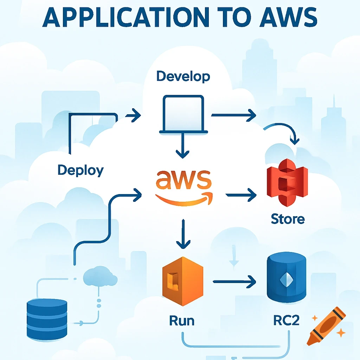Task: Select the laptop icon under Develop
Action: coord(182,115)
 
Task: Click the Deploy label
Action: coord(81,171)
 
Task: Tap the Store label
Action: coord(288,219)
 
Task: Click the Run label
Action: coord(182,321)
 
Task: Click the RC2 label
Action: coord(286,321)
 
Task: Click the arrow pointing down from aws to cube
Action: coord(183,234)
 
